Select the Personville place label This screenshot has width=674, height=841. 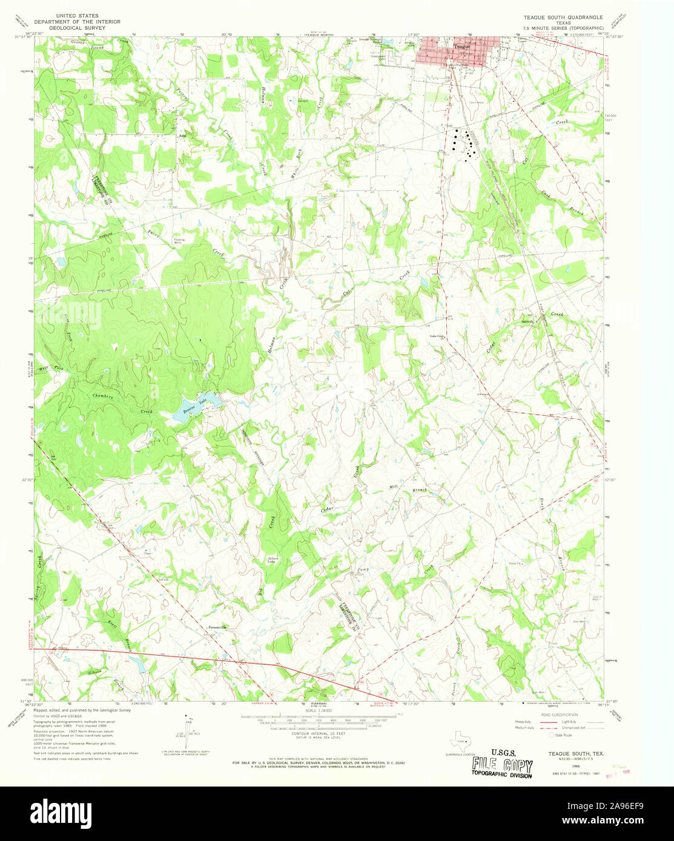217,627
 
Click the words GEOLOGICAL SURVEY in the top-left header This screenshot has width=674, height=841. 89,28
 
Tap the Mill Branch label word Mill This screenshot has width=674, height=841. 393,486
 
